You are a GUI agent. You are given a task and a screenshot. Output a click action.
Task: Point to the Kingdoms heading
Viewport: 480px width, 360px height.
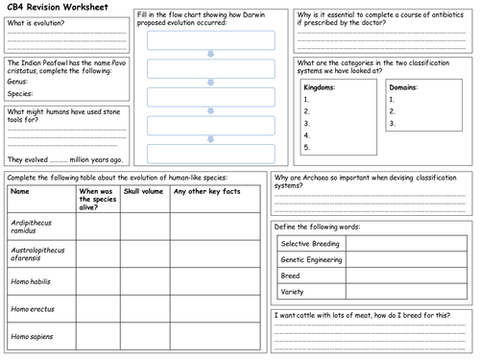pyautogui.click(x=319, y=86)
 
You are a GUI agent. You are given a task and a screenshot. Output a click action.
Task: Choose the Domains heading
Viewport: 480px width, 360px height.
pyautogui.click(x=404, y=86)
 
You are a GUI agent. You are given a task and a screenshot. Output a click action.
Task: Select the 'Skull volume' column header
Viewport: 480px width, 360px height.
pyautogui.click(x=143, y=192)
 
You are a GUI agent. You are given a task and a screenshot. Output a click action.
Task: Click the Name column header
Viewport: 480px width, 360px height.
pyautogui.click(x=20, y=192)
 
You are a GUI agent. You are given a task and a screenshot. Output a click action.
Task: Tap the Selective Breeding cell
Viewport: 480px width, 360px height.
pyautogui.click(x=310, y=244)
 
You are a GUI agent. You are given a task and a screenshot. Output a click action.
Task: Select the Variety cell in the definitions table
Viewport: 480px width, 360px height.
pyautogui.click(x=293, y=291)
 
